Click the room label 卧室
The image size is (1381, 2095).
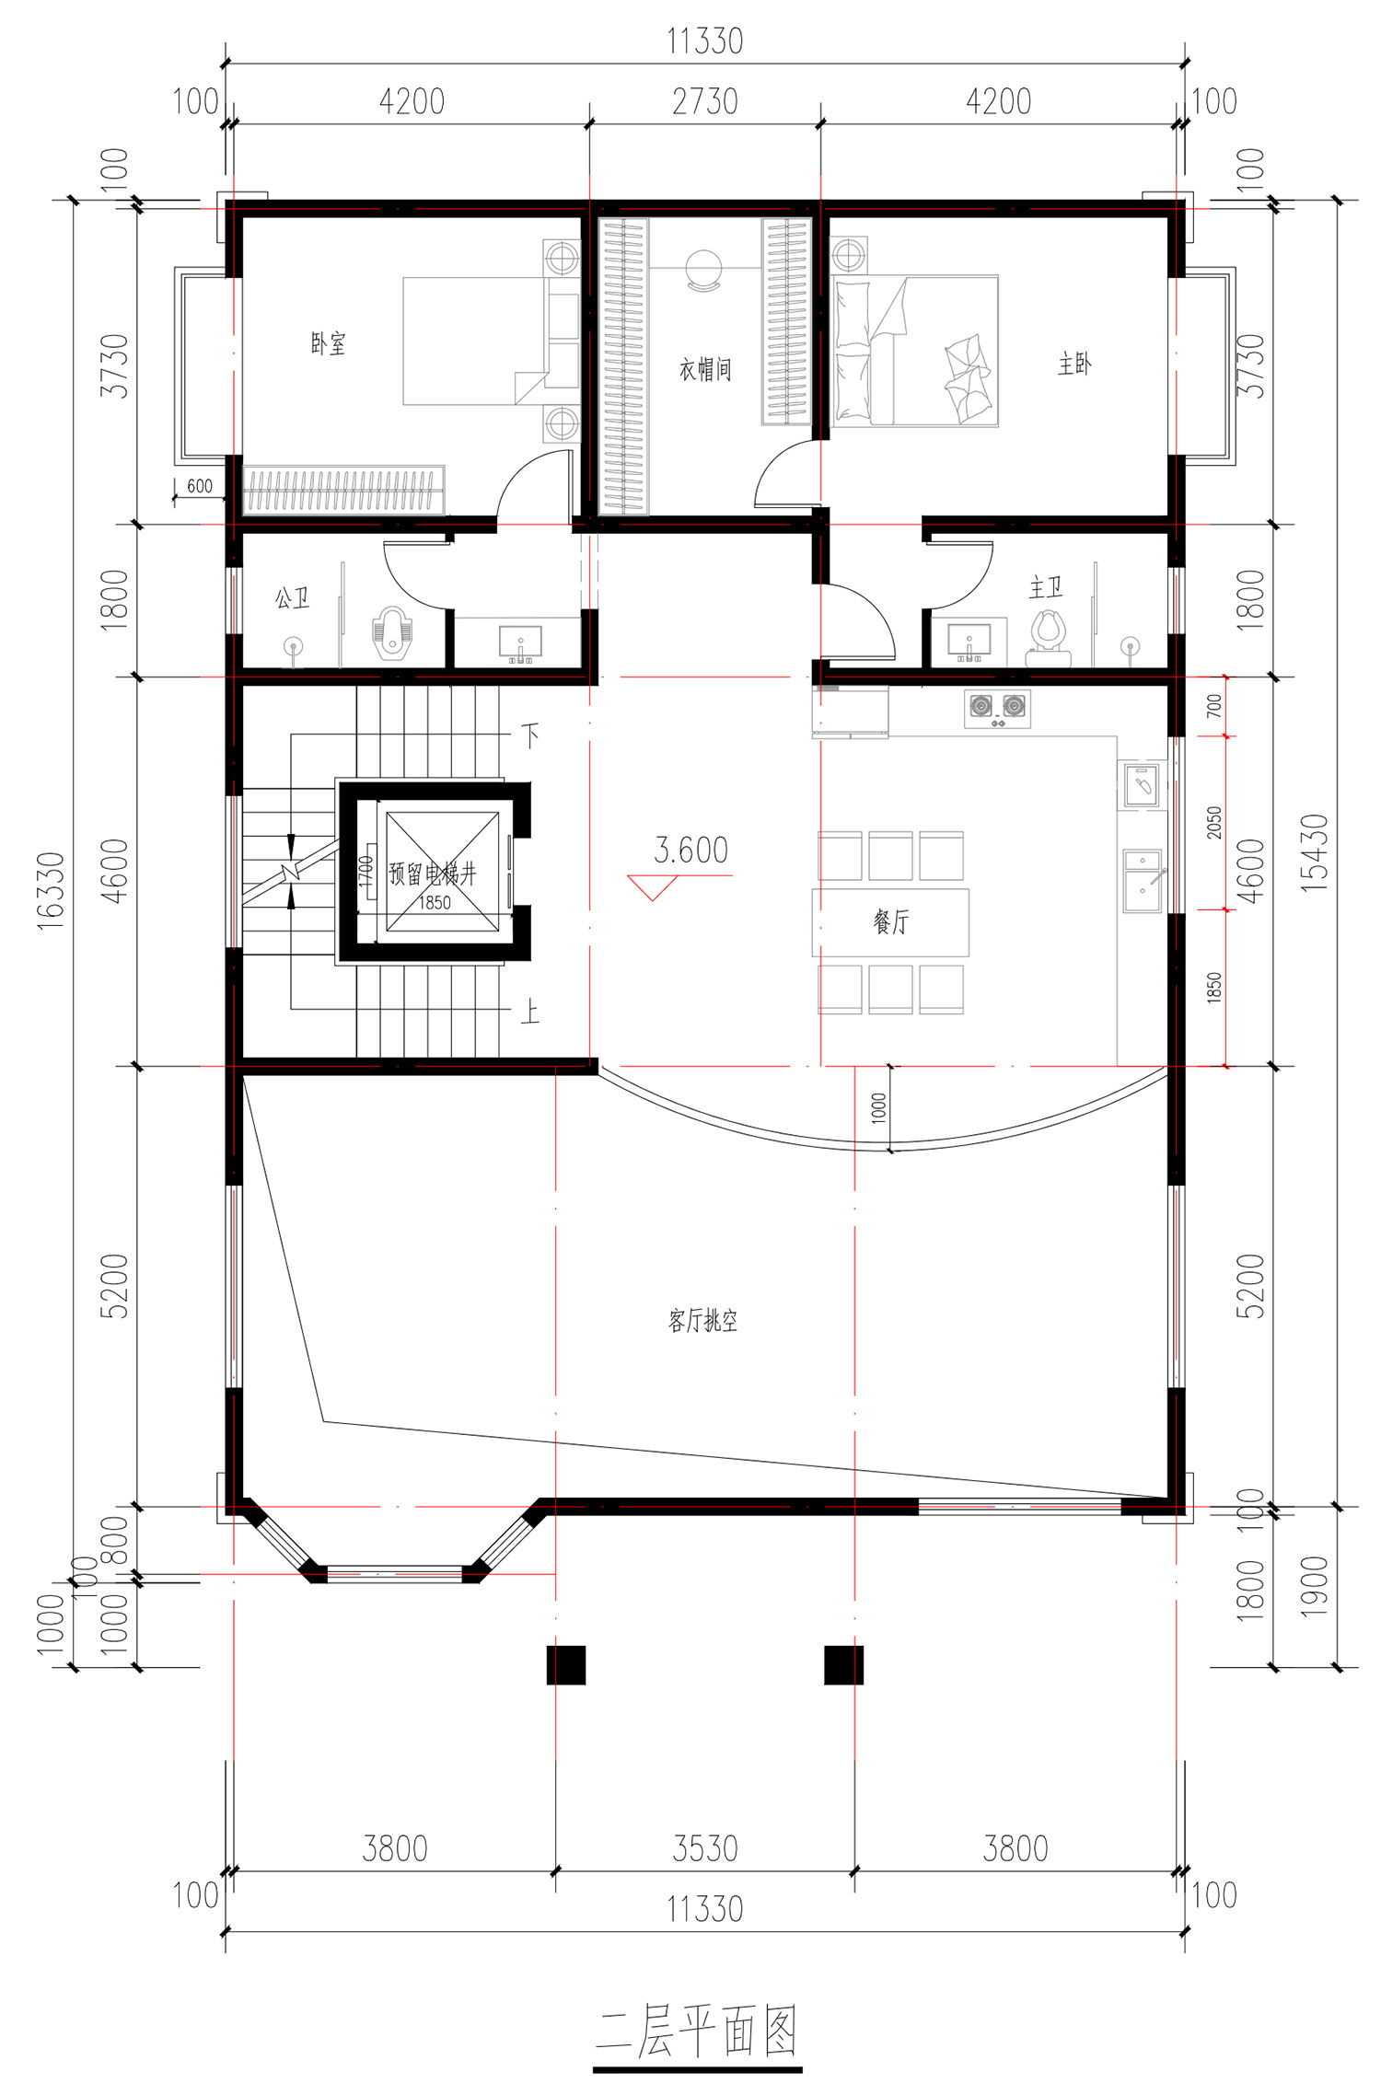coord(329,343)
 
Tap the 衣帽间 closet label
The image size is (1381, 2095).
coord(705,369)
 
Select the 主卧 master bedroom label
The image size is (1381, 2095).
coord(1074,364)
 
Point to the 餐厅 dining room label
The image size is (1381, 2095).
coord(891,920)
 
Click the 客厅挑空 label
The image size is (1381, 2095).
coord(702,1321)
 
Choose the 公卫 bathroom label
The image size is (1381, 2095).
coord(292,598)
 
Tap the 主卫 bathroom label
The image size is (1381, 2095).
coord(1046,586)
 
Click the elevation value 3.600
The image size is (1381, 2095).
coord(690,850)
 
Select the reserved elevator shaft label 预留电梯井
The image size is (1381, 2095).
coord(433,873)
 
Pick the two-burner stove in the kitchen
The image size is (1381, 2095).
coord(997,708)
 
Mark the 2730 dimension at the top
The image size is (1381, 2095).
coord(705,101)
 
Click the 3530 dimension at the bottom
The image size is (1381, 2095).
coord(705,1848)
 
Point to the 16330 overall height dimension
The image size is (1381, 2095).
coord(51,890)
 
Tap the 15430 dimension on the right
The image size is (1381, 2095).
coord(1315,852)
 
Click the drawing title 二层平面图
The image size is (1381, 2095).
coord(697,2031)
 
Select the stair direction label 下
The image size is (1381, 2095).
coord(530,735)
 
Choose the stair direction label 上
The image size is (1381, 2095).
coord(530,1013)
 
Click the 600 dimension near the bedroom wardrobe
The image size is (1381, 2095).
coord(200,486)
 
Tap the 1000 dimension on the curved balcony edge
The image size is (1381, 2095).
coord(879,1107)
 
